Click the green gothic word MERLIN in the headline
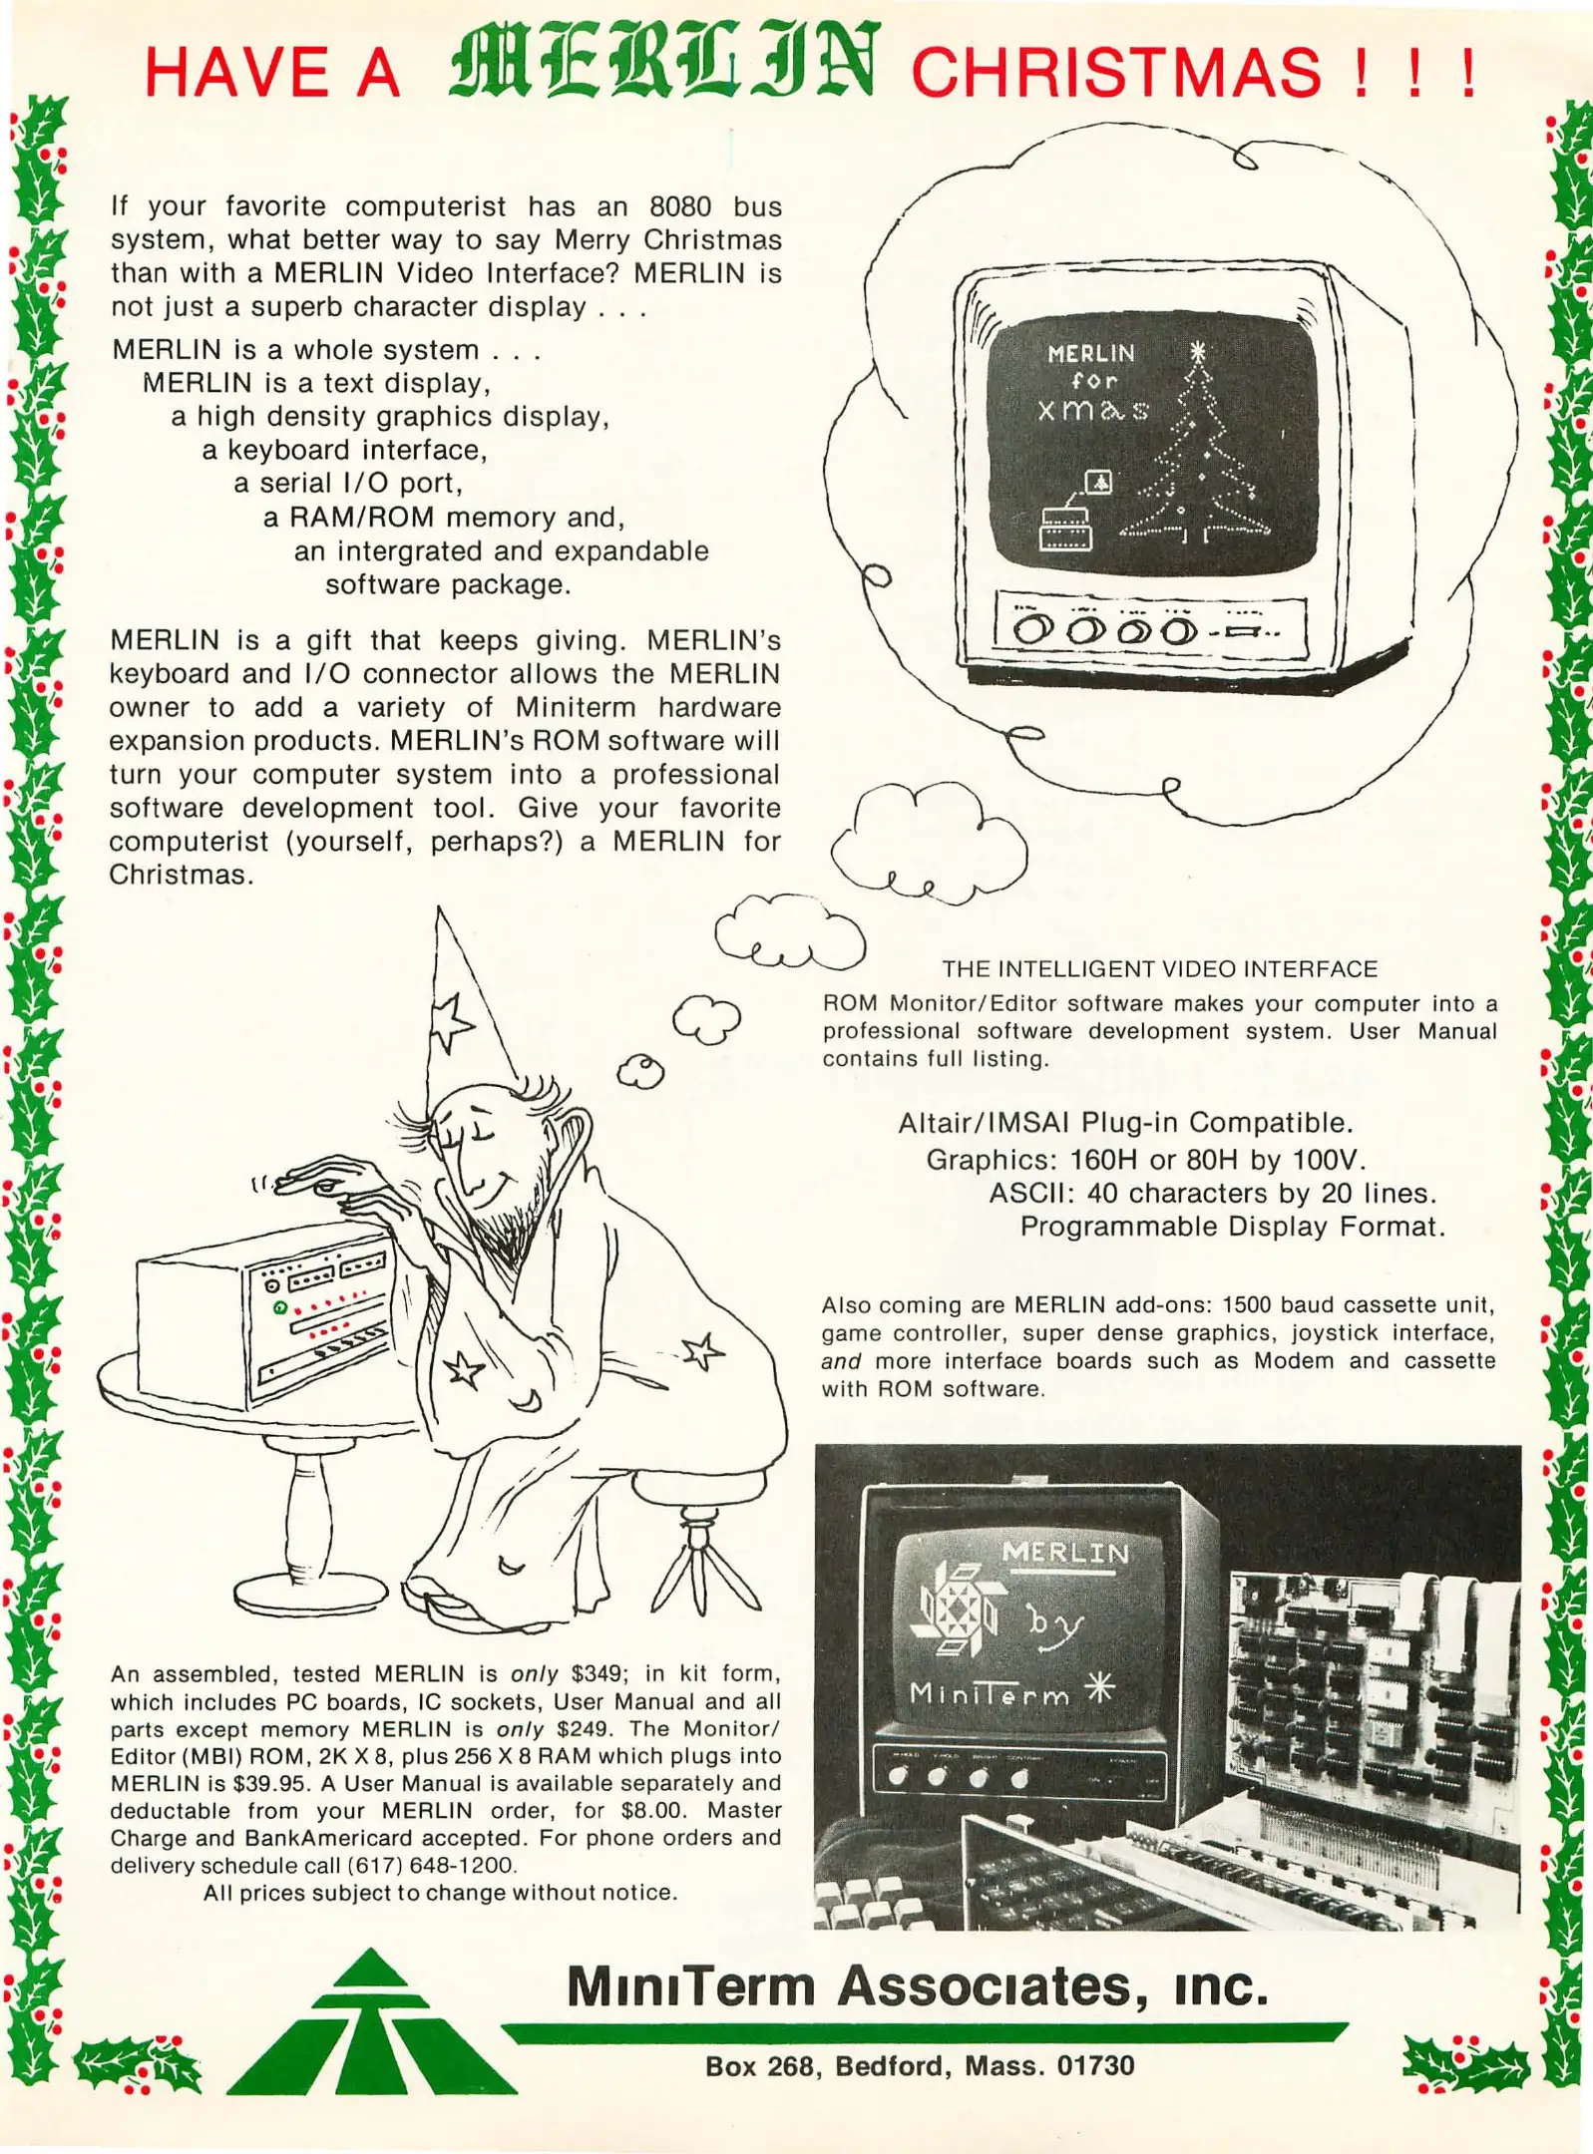(x=664, y=62)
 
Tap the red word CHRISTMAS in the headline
(x=1117, y=73)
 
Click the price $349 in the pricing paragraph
(x=599, y=1673)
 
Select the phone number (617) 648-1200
(x=431, y=1865)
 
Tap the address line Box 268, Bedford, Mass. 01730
(x=920, y=2065)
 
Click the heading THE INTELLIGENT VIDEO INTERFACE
(x=1160, y=968)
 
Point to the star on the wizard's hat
(x=453, y=1021)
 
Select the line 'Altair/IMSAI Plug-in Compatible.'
(x=1125, y=1123)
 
